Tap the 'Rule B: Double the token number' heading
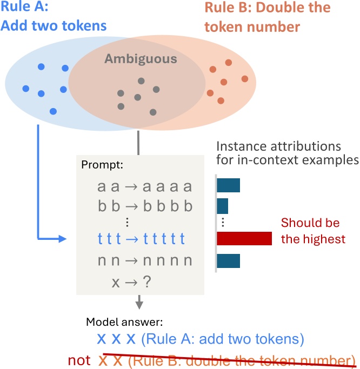[x=267, y=16]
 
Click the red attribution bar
[x=244, y=239]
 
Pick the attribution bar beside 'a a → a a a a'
[x=228, y=186]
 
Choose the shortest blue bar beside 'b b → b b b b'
[x=223, y=206]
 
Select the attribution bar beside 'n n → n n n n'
[x=228, y=261]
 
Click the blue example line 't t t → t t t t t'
[x=142, y=239]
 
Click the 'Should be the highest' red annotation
[x=312, y=231]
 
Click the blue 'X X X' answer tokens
[x=115, y=340]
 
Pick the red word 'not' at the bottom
[x=79, y=360]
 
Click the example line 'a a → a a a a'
[x=144, y=187]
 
